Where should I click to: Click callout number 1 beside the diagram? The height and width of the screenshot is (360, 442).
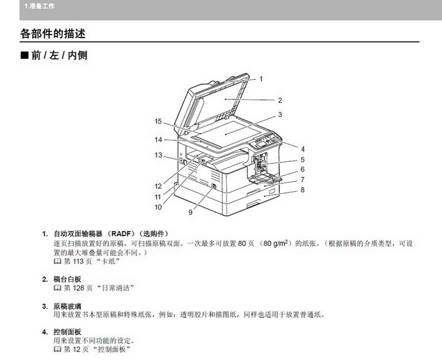pos(261,79)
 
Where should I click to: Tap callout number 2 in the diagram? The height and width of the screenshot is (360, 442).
pos(280,101)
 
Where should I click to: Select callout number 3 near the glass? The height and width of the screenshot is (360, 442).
pos(280,115)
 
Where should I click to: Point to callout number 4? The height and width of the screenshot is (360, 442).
pos(303,149)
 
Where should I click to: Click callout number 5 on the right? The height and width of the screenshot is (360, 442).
pos(303,159)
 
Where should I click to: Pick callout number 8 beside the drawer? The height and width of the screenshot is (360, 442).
pos(303,190)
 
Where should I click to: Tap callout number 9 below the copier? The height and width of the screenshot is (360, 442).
pos(190,212)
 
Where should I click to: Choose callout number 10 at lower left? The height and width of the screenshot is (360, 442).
pos(158,207)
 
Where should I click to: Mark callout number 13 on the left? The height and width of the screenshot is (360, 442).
pos(158,155)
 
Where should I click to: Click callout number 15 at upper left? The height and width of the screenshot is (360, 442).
pos(158,121)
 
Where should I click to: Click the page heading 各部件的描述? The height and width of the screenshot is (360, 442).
pos(53,34)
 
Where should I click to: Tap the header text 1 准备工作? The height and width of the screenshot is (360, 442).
pos(39,6)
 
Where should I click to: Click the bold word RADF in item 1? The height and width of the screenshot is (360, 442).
pos(121,234)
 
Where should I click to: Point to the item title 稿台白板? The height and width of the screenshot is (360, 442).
pos(68,279)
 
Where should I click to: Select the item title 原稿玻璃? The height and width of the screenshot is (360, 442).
pos(68,306)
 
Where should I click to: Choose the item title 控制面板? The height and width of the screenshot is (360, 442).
pos(68,332)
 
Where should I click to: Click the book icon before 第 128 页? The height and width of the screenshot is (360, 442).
pos(58,288)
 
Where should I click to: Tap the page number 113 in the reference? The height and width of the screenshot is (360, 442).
pos(78,261)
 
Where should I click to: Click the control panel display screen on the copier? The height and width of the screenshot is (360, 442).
pos(260,145)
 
